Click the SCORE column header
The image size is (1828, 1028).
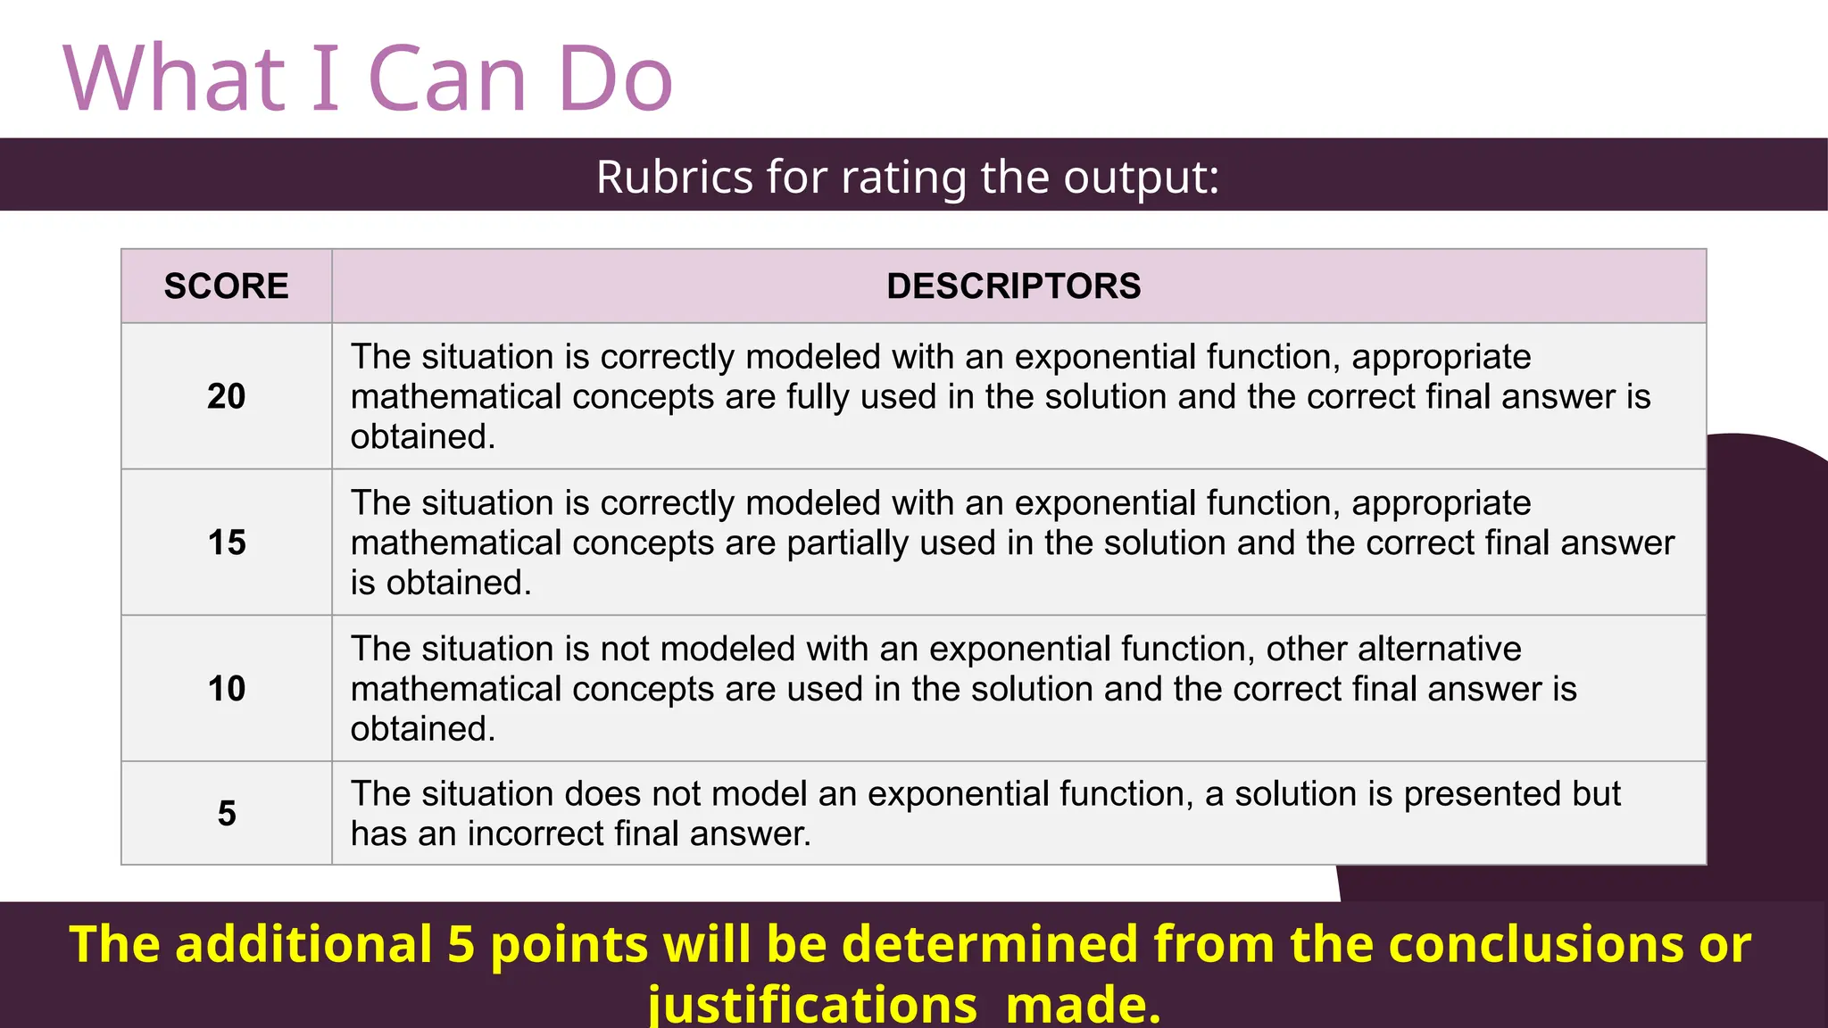[x=226, y=286]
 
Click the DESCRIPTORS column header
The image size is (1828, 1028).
[x=1013, y=286]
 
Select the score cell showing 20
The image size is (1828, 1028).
[x=226, y=396]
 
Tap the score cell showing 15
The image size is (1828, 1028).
[x=226, y=543]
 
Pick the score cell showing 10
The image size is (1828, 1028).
[x=226, y=689]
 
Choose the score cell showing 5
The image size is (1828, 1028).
[x=226, y=813]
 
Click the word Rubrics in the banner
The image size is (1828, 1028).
[x=674, y=177]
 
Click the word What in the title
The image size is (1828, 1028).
[x=175, y=80]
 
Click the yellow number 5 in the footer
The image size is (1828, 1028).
[x=461, y=944]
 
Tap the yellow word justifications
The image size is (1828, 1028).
[x=812, y=1005]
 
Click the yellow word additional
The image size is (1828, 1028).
[x=303, y=944]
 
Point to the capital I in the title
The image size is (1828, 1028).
[x=326, y=80]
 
